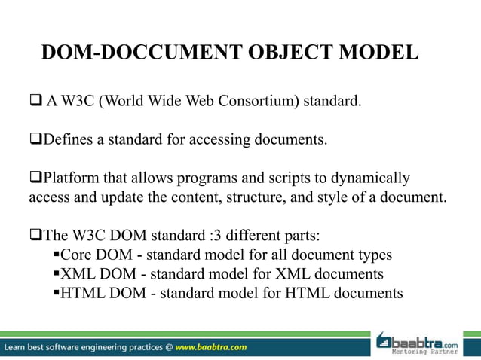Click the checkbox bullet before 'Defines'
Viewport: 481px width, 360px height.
point(34,139)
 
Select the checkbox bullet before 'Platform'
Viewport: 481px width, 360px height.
point(34,178)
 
